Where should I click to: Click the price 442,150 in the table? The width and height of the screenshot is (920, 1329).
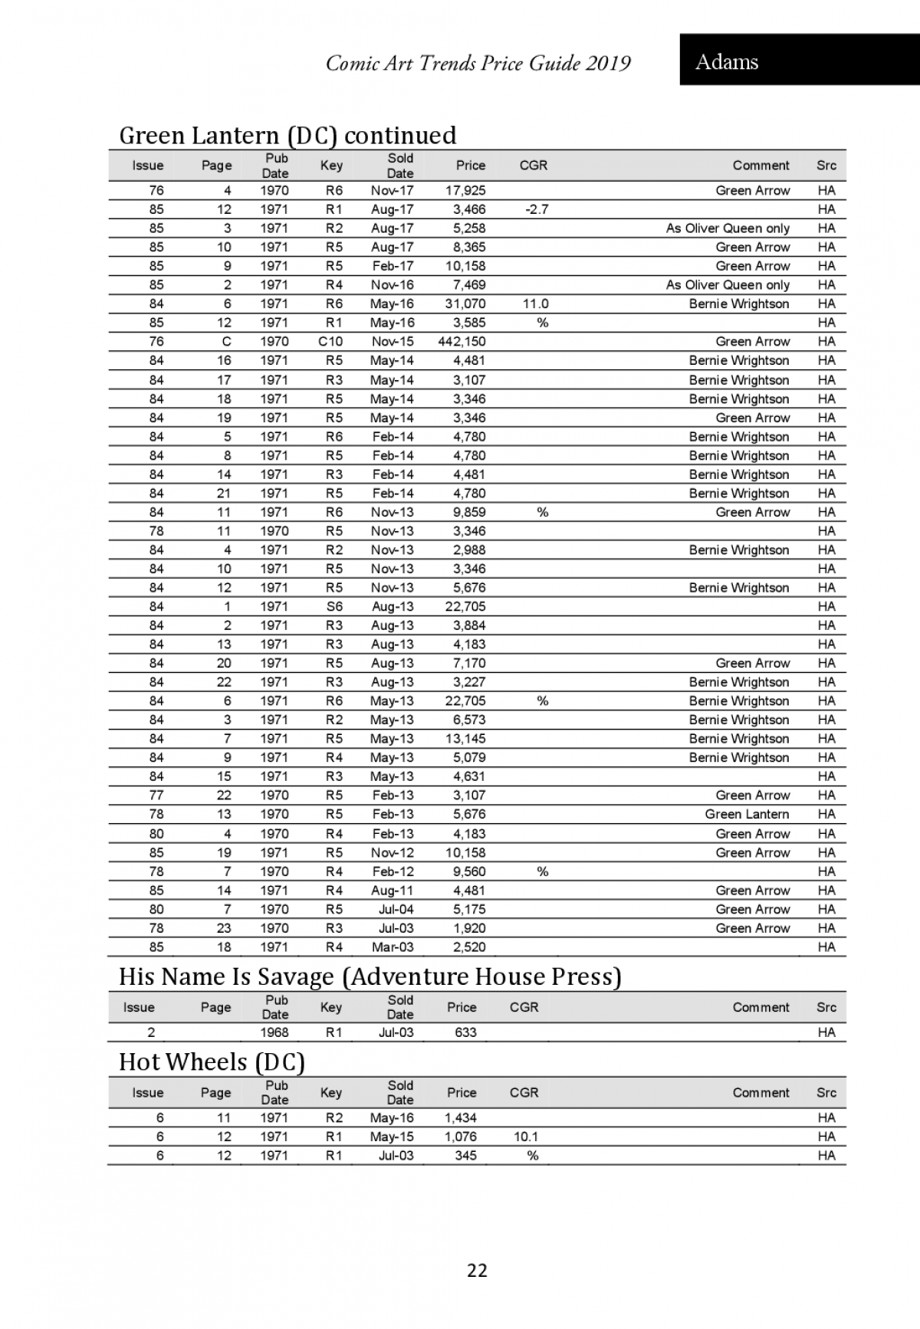coord(462,342)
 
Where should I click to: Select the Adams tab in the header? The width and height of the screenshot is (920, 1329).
coord(727,62)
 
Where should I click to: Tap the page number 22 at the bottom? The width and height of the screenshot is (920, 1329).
coord(477,1271)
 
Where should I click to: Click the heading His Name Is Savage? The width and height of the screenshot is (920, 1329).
coord(370,976)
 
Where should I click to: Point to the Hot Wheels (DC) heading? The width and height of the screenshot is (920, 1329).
coord(212,1062)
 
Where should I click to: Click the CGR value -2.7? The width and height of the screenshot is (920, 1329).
coord(537,209)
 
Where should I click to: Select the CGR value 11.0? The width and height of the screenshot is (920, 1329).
coord(536,304)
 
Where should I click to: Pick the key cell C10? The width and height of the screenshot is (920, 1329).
coord(330,342)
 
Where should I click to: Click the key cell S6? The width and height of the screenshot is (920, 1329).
coord(334,606)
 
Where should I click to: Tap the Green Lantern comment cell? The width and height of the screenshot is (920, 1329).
coord(747,814)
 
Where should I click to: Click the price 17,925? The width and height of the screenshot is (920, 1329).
coord(465,191)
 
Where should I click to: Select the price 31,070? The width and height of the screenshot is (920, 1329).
coord(465,304)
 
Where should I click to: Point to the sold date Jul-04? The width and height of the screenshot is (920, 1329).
coord(396,910)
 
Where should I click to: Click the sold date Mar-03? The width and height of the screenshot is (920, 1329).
coord(393,947)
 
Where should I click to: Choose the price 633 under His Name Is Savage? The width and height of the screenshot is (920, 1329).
coord(465,1032)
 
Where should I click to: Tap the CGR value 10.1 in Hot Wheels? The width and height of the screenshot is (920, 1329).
coord(526,1137)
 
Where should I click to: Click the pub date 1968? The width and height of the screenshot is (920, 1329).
coord(274,1032)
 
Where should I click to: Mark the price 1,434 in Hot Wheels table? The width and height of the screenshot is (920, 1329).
coord(460,1118)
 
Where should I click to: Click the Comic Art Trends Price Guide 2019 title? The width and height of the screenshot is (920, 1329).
coord(478,63)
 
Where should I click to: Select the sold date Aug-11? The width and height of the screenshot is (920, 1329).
coord(393,891)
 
